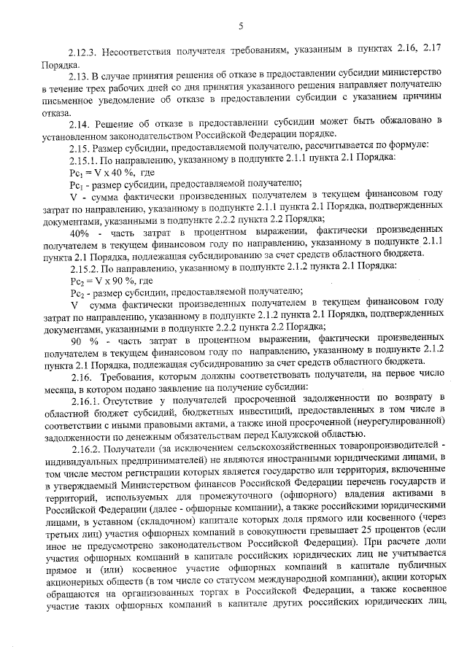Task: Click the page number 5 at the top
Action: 239,27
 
